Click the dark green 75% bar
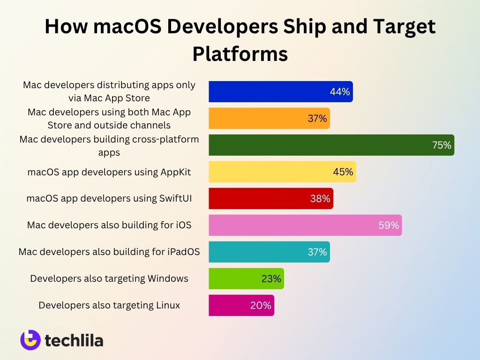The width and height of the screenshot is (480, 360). click(331, 145)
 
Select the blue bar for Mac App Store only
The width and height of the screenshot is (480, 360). click(280, 91)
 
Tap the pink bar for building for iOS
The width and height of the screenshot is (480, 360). click(305, 225)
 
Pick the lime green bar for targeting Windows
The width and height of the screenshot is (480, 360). click(246, 278)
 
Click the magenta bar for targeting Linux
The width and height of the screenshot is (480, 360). click(241, 305)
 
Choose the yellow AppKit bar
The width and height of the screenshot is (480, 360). click(282, 172)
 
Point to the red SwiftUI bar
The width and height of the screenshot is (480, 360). click(270, 198)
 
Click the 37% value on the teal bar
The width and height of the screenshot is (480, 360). click(317, 252)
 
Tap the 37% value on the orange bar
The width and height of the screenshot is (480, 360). click(317, 119)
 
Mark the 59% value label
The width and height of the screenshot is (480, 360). click(389, 225)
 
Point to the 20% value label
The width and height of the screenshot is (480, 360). click(261, 306)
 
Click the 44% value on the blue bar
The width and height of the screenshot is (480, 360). click(340, 92)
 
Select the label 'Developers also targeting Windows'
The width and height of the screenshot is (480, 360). click(109, 278)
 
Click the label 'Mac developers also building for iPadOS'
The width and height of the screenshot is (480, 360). click(109, 252)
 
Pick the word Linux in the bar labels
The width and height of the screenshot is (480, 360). click(167, 305)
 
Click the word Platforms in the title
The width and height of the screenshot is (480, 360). click(240, 54)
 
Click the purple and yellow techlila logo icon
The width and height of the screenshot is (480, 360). click(30, 340)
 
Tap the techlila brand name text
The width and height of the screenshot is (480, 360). click(74, 340)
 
